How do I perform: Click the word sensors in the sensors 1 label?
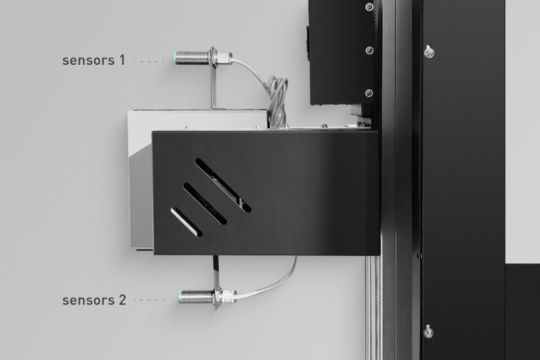tap(88, 61)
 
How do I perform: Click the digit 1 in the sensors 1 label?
tap(122, 60)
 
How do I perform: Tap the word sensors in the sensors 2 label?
tap(88, 301)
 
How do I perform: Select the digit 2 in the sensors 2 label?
tap(123, 300)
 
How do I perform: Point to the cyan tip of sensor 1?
tap(176, 57)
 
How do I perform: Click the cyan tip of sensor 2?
tap(181, 297)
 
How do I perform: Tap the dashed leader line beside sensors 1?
tap(149, 61)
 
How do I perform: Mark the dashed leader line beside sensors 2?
tap(149, 300)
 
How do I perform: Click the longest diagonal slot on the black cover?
tap(223, 185)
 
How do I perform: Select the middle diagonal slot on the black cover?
tap(205, 203)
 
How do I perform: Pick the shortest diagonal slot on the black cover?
tap(186, 222)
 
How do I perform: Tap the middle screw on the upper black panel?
tap(369, 51)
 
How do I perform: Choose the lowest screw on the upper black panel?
tap(369, 93)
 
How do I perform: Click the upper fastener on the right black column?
tap(429, 52)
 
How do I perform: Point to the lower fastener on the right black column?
tap(428, 332)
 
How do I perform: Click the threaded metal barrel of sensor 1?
tap(194, 57)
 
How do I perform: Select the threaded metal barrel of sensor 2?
tap(198, 297)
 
